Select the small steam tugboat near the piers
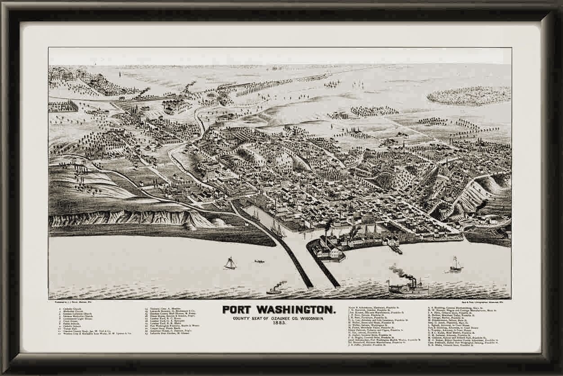click(x=274, y=290)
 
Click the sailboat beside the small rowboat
click(x=230, y=263)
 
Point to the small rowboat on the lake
click(x=259, y=261)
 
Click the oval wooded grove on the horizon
click(x=469, y=95)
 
